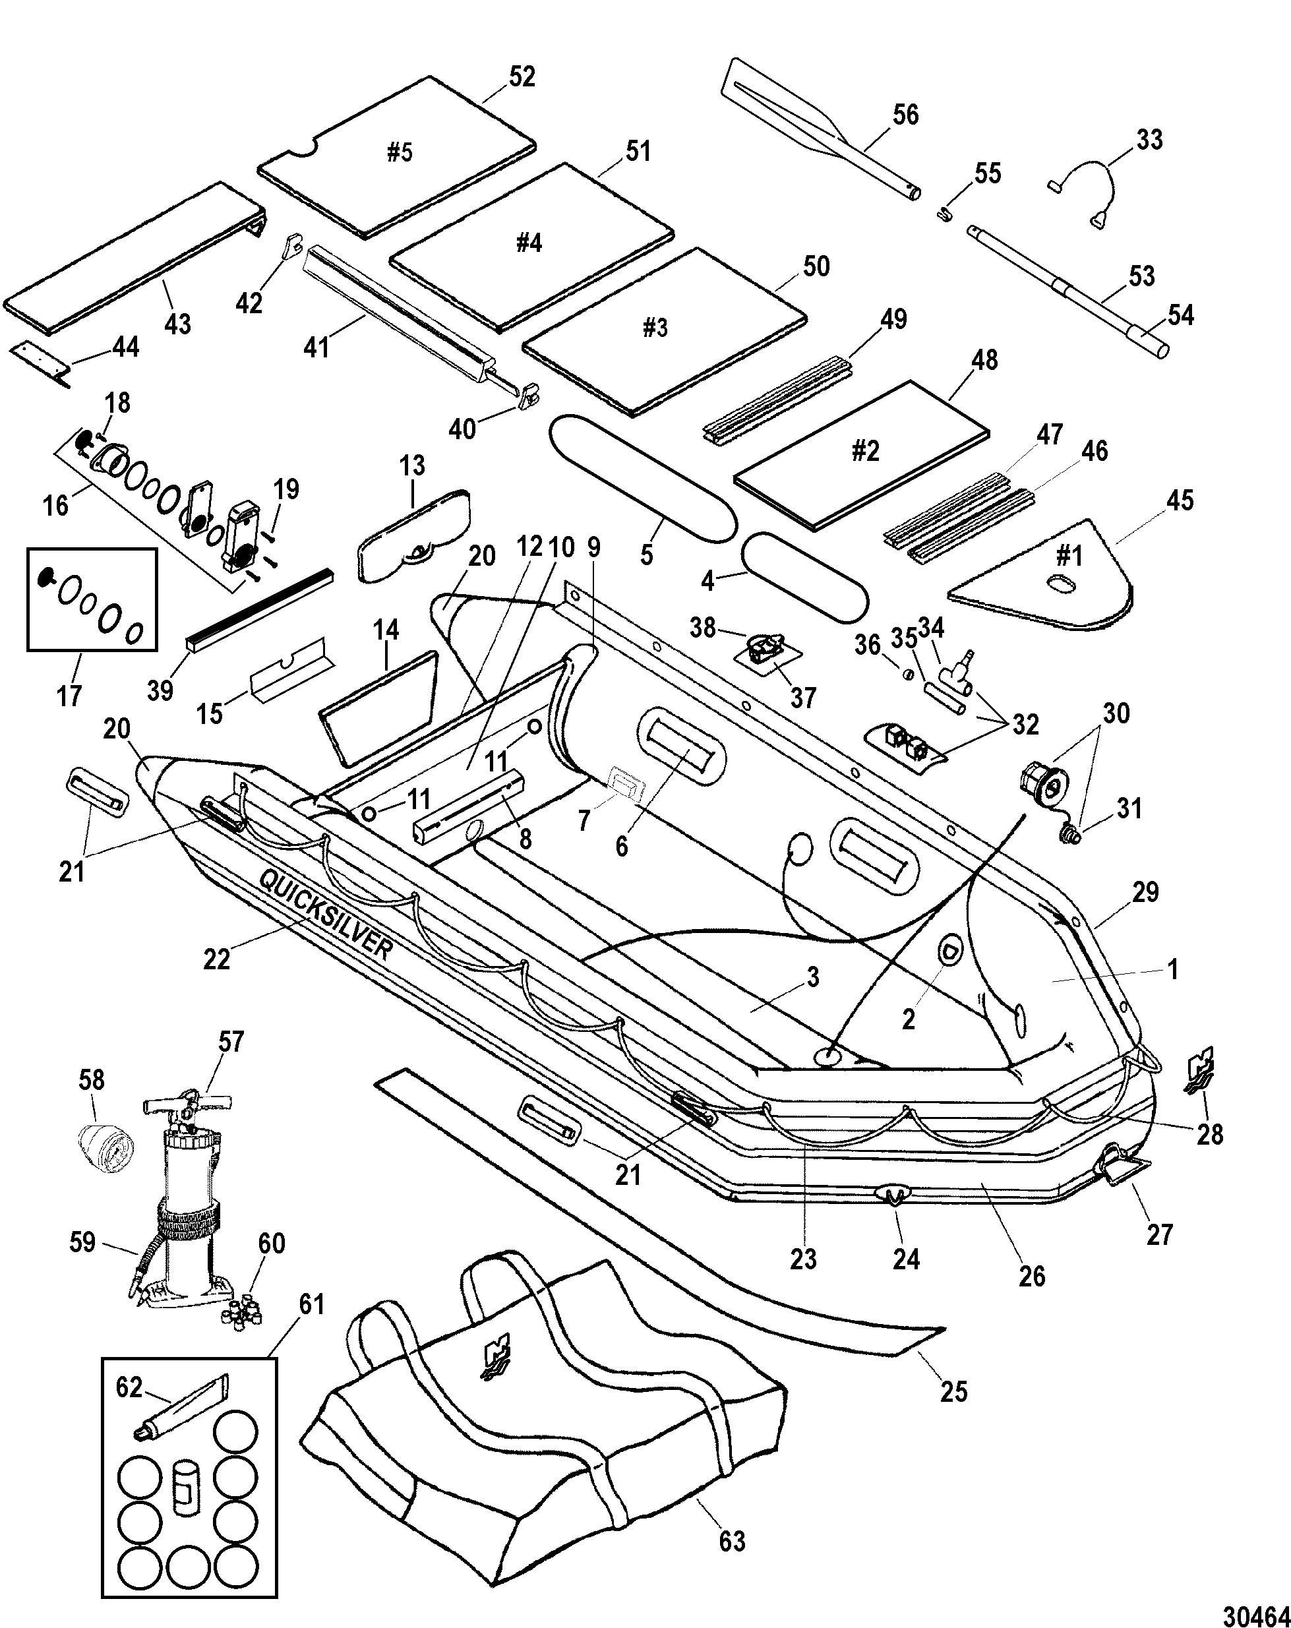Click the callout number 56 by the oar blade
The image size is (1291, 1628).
(x=905, y=115)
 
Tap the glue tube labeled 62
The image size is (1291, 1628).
(x=181, y=1404)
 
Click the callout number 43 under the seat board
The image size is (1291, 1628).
(x=178, y=324)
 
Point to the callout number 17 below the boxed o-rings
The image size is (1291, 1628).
(x=69, y=696)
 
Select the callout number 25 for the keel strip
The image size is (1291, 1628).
(x=953, y=1390)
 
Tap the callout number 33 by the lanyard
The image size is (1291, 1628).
(x=1149, y=140)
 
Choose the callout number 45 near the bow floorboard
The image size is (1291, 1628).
(x=1180, y=500)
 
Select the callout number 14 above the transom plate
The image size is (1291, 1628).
(x=386, y=630)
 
